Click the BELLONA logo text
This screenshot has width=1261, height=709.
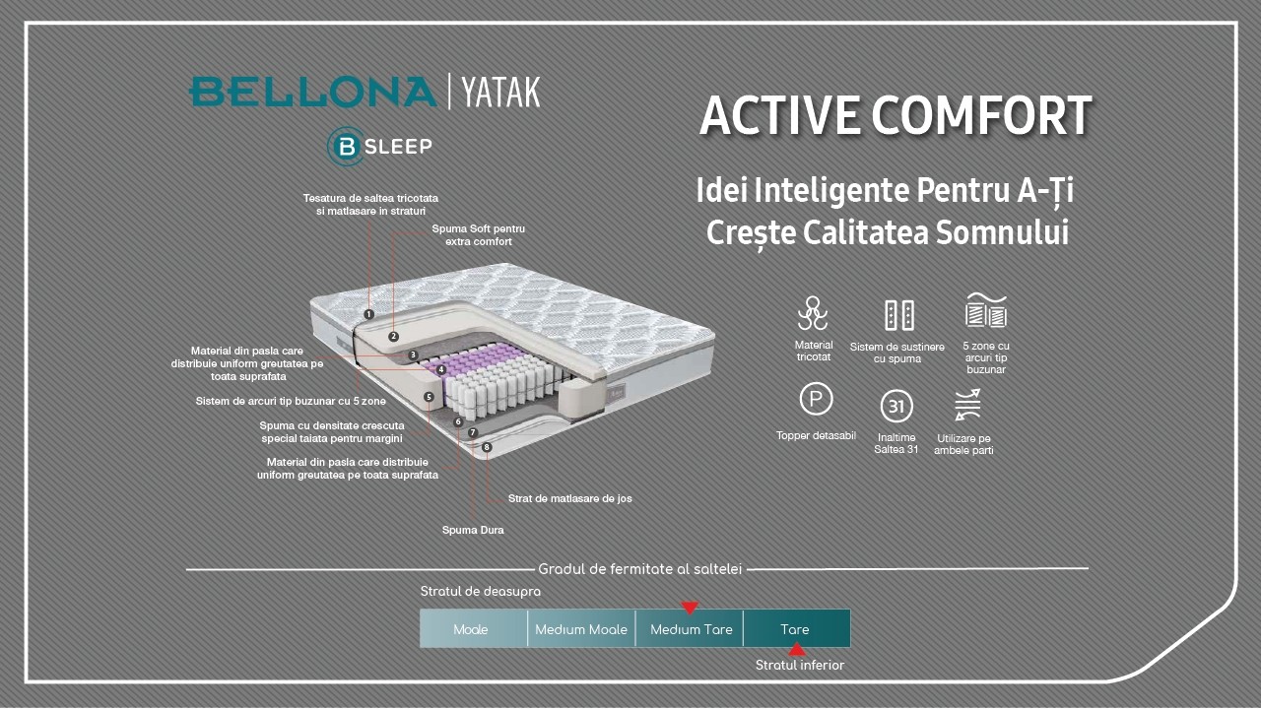pos(312,92)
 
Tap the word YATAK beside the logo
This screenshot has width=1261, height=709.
pos(500,92)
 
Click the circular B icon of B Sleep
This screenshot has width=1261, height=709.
pos(347,147)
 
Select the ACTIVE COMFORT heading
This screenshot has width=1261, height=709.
pos(896,115)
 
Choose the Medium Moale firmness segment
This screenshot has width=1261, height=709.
pos(581,629)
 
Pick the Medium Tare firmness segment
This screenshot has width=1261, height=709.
pos(691,629)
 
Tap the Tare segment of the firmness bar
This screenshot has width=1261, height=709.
pos(795,629)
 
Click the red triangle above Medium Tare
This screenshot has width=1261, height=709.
pos(690,608)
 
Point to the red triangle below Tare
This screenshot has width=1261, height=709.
pos(797,650)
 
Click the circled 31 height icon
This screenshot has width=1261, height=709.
pos(896,407)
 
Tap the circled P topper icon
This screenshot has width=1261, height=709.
pos(816,400)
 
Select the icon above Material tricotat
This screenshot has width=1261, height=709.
pos(813,313)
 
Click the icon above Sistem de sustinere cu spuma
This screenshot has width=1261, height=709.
pos(898,315)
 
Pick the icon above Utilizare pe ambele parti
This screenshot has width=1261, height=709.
pos(967,405)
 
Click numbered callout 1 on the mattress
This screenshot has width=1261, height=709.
pos(368,314)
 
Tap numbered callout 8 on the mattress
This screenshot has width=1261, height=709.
pos(487,447)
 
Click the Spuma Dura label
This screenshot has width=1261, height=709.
pos(473,530)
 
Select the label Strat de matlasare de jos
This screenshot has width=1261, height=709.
pos(569,498)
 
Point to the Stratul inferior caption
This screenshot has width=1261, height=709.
pos(799,666)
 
